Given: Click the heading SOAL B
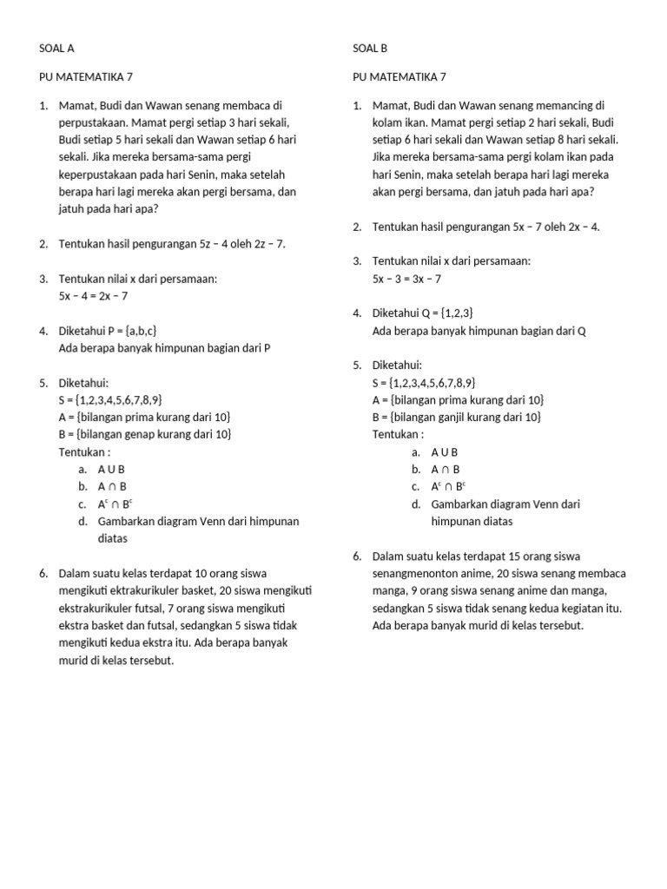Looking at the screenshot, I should (370, 49).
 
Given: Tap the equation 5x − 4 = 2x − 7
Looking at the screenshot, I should (94, 296).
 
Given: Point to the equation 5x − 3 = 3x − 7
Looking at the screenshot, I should (407, 279).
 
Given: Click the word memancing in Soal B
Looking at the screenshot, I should (574, 106).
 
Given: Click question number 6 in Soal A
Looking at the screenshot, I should (43, 574).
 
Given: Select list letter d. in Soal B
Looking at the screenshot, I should (416, 504).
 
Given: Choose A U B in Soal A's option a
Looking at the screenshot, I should (112, 470).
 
